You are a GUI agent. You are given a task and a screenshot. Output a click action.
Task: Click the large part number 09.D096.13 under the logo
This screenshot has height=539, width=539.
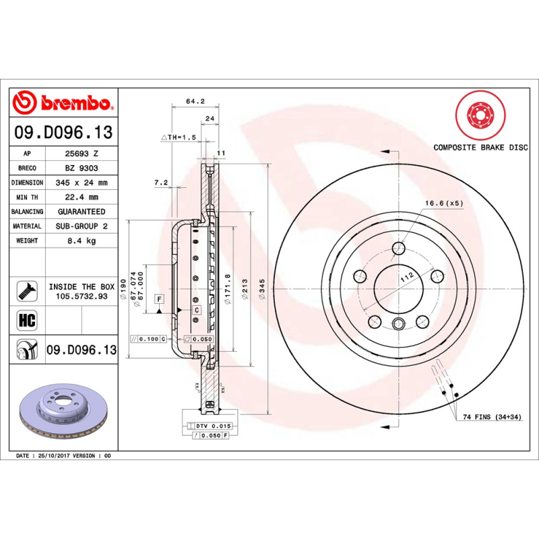[63, 133]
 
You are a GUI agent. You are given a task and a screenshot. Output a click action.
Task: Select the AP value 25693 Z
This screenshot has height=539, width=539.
[81, 154]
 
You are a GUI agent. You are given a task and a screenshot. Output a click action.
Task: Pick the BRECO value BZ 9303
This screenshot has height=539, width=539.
[81, 168]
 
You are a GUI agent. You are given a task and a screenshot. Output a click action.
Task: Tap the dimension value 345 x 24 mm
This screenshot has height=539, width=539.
[81, 183]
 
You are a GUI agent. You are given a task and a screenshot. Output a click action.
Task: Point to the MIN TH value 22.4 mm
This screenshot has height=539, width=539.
[81, 197]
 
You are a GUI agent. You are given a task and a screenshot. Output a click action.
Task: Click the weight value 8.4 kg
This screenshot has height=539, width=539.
[81, 241]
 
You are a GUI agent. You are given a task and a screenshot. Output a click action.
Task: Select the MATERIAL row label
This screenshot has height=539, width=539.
[27, 226]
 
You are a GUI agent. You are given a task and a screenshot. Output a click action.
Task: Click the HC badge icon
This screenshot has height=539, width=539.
[27, 319]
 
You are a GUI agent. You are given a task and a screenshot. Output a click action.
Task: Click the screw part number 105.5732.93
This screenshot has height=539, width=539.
[82, 296]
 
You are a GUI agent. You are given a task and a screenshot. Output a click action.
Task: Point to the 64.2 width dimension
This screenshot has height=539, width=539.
[195, 101]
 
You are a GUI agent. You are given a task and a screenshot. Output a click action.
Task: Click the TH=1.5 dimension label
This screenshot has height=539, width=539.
[181, 137]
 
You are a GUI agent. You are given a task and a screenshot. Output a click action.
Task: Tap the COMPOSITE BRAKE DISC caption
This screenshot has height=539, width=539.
[480, 147]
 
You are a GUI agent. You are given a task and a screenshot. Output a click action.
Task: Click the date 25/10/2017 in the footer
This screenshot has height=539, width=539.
[55, 456]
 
